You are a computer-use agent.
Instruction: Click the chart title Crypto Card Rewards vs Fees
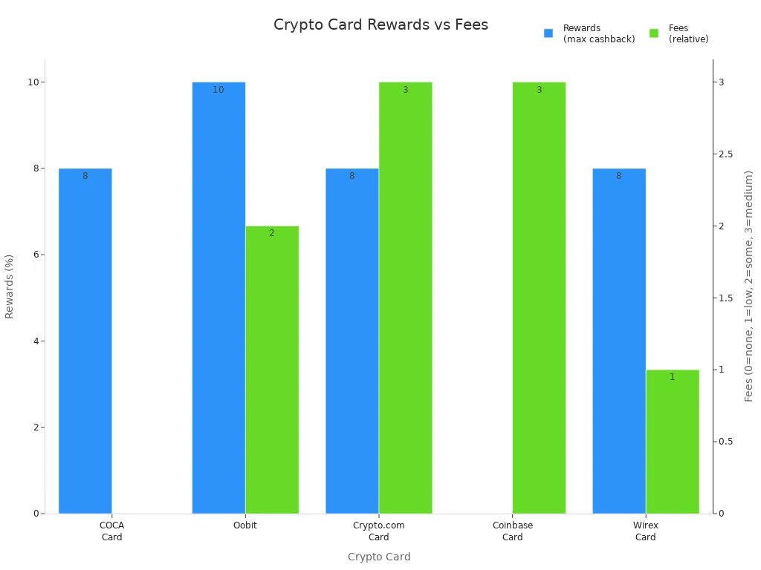(x=380, y=24)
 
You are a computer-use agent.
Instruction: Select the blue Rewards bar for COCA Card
(x=85, y=341)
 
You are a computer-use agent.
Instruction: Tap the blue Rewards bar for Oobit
(x=218, y=297)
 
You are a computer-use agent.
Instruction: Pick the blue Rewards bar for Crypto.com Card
(x=352, y=341)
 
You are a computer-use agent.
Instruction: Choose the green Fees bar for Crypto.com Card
(x=406, y=297)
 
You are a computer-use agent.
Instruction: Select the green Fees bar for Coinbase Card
(x=539, y=297)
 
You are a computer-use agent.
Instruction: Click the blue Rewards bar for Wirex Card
(x=619, y=341)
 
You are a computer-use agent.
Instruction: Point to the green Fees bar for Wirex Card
(x=673, y=442)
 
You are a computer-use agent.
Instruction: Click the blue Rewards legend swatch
(x=548, y=33)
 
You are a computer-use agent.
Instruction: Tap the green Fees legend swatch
(x=654, y=33)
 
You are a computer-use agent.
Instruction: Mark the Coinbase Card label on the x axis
(x=513, y=531)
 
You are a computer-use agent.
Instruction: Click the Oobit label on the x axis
(x=245, y=525)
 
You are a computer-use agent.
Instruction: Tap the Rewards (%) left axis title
(x=10, y=286)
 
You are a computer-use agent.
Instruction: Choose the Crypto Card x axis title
(x=379, y=557)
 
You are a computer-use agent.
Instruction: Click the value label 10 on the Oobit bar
(x=218, y=90)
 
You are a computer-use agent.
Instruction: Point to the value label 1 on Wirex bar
(x=673, y=377)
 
